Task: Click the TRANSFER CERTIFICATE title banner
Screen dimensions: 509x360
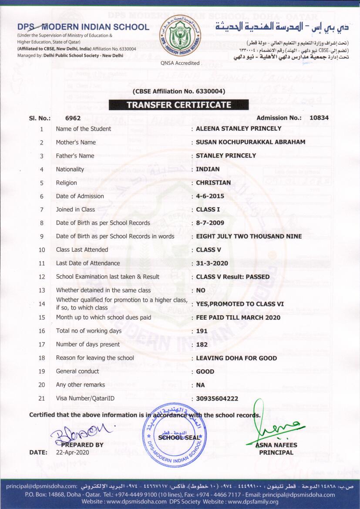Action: click(178, 104)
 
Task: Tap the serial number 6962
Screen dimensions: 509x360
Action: click(73, 118)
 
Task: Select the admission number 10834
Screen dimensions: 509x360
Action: click(319, 118)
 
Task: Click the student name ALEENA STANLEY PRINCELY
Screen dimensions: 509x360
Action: click(239, 129)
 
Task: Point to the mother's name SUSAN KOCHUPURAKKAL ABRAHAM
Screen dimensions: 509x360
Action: click(250, 142)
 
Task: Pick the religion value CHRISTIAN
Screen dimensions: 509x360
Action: click(213, 183)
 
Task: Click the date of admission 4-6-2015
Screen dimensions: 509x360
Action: click(210, 196)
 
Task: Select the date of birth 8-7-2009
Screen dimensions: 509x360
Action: click(210, 223)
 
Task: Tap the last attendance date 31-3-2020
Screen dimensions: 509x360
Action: click(212, 263)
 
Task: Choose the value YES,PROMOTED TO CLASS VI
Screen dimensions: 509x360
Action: click(240, 304)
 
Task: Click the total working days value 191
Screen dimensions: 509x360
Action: click(202, 331)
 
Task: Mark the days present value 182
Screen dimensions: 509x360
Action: click(202, 344)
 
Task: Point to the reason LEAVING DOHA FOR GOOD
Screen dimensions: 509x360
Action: click(236, 358)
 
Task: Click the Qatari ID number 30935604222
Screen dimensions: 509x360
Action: click(217, 399)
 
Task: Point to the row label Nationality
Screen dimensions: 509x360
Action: click(70, 169)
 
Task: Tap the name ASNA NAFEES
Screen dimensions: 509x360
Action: click(276, 445)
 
